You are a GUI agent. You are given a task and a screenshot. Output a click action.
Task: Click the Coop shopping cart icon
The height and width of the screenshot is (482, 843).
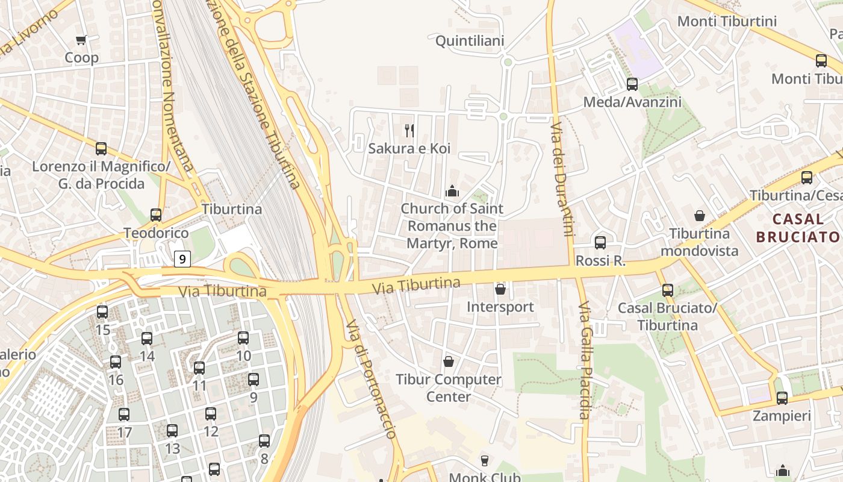tap(81, 40)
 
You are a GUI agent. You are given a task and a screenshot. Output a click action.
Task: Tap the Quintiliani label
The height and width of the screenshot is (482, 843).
tap(470, 41)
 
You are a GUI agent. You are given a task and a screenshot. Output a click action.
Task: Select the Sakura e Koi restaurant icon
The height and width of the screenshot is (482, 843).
tap(409, 130)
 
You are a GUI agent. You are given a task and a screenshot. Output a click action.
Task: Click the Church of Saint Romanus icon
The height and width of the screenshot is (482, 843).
tap(452, 192)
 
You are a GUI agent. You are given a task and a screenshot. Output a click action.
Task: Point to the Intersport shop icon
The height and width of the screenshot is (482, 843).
tap(500, 290)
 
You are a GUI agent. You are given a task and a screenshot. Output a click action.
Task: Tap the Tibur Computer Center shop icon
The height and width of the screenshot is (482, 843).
tap(448, 361)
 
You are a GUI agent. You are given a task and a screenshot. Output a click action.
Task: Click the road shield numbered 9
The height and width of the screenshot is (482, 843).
tap(182, 259)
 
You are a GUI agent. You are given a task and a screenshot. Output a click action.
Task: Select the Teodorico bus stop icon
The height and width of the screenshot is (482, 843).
tap(156, 215)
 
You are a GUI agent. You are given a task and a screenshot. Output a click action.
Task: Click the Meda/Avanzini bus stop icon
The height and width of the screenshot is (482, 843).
tap(632, 84)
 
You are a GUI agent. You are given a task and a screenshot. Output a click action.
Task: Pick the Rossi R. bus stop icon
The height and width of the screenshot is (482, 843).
tap(600, 243)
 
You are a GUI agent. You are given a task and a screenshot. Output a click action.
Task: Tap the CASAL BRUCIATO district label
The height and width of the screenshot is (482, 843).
tap(798, 228)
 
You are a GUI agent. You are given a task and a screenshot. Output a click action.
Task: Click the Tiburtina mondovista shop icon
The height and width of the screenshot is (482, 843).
tap(700, 216)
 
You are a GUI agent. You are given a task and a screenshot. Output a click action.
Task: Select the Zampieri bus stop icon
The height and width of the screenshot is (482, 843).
tap(782, 398)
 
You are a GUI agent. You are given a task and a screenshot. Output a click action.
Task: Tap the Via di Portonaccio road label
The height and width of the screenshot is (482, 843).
tap(371, 379)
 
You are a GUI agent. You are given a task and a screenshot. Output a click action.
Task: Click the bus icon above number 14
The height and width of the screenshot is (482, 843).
tap(147, 339)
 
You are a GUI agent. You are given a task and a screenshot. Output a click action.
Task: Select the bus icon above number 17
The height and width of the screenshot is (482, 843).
tap(124, 415)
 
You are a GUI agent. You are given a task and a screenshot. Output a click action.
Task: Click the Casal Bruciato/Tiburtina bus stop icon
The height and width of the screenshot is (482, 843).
tap(667, 290)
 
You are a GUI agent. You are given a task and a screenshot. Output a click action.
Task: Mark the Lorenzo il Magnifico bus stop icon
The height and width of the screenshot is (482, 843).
tap(101, 149)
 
